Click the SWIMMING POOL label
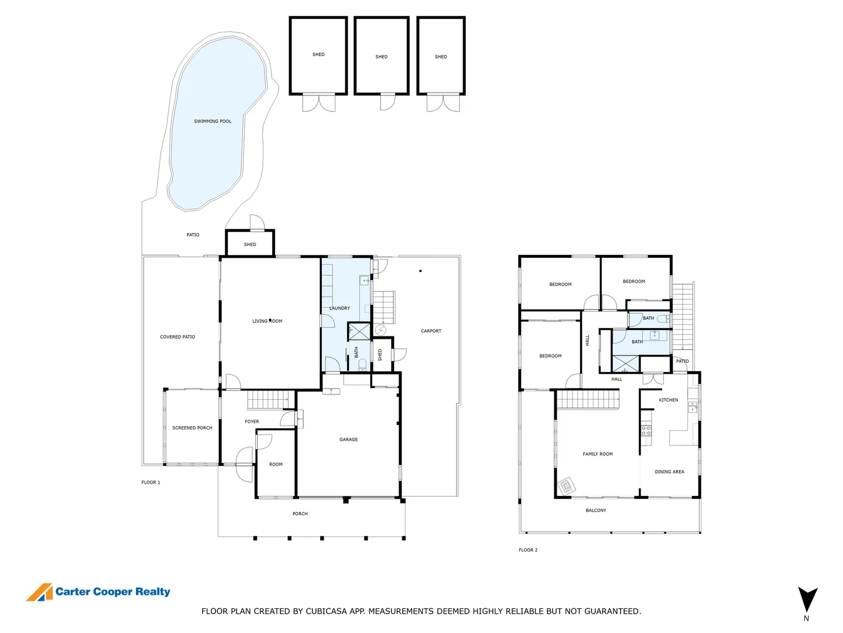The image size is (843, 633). point(213,121)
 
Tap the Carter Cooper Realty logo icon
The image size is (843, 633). point(39,593)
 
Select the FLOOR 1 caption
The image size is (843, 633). point(150,482)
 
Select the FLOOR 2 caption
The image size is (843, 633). point(528,550)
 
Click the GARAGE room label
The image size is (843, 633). point(348,439)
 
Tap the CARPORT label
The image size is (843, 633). point(431,331)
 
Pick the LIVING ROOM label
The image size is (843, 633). point(267,321)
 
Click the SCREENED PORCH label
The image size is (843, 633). point(192,428)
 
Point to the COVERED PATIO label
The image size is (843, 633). point(177,337)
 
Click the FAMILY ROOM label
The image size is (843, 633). point(598,454)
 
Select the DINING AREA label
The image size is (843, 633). point(669,472)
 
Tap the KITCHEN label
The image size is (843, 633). point(668,400)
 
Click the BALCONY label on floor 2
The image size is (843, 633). point(596,511)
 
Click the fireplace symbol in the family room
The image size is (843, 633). point(566,486)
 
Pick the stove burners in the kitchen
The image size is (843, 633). point(646,430)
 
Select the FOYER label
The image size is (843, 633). point(252,421)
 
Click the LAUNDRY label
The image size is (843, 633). point(340,308)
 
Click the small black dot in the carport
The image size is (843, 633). point(420,271)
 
